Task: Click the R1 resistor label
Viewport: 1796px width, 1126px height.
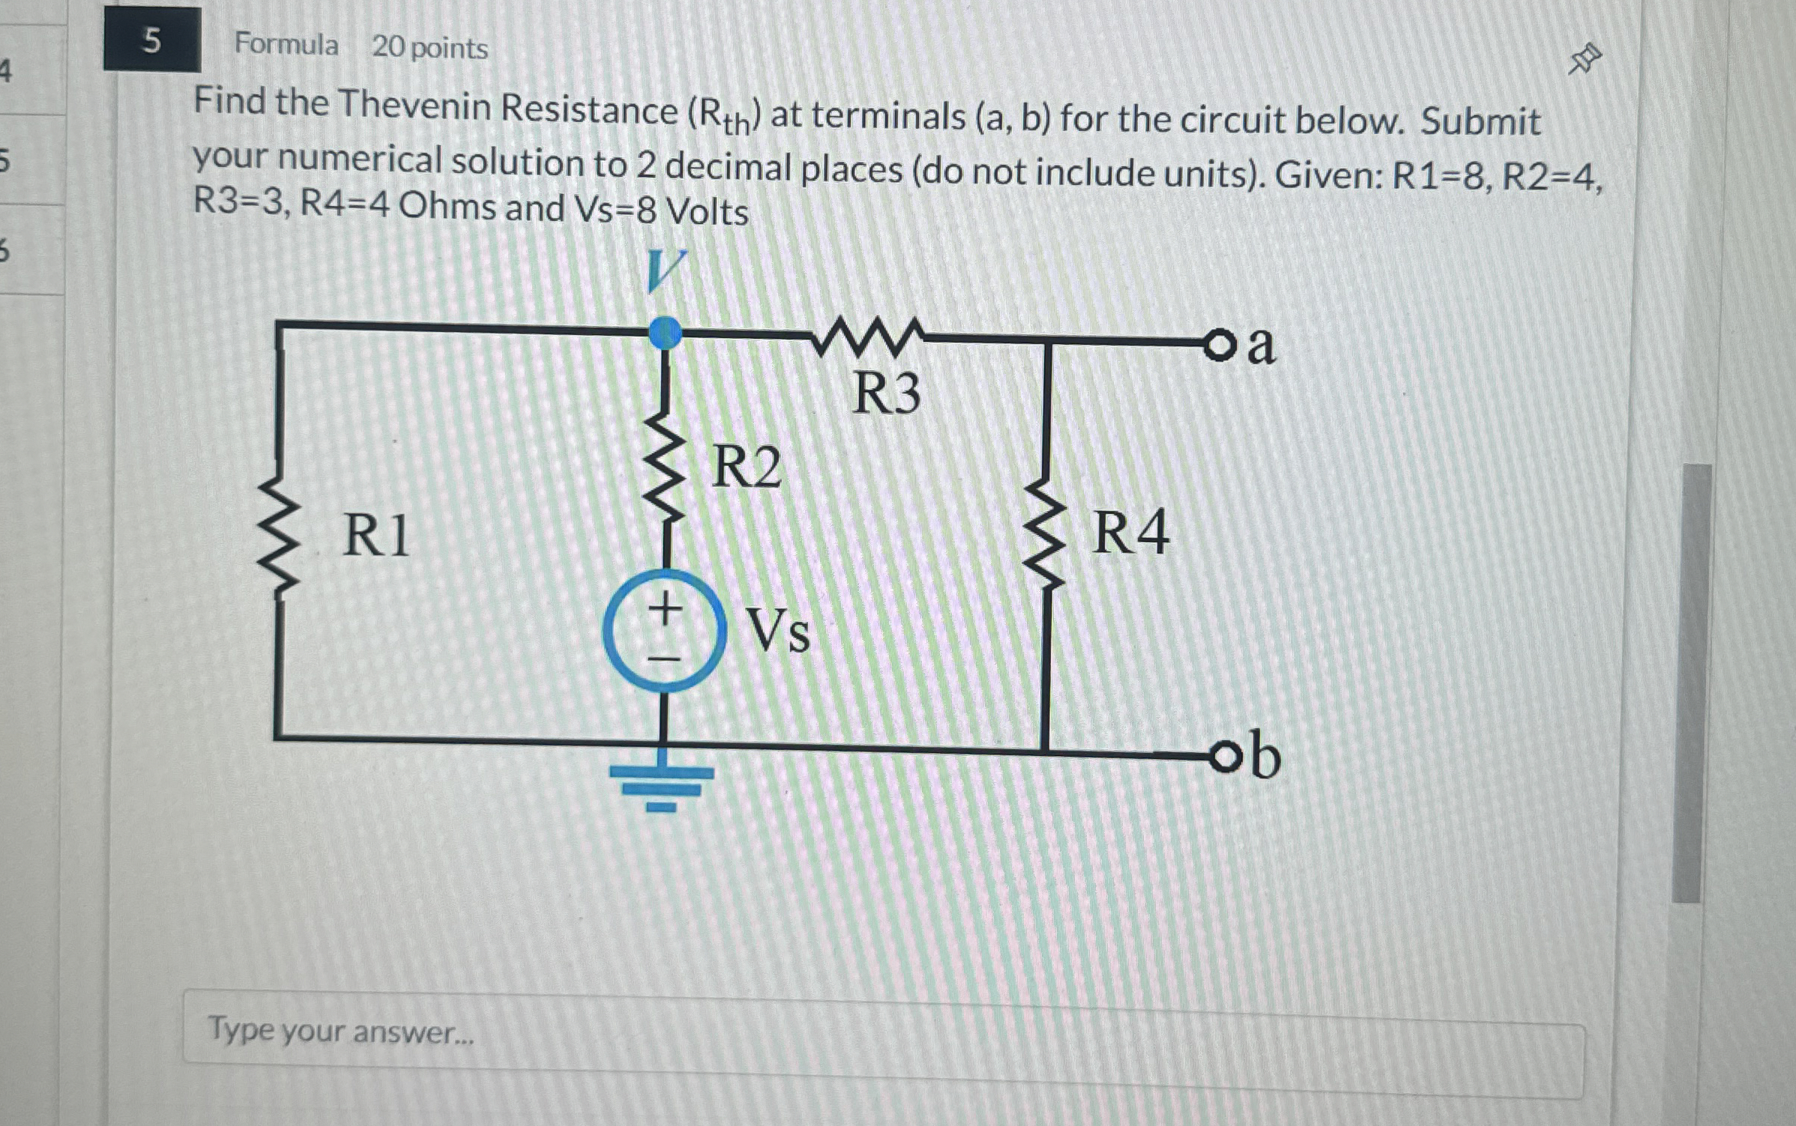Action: [376, 536]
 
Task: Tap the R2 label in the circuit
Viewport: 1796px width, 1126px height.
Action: [746, 467]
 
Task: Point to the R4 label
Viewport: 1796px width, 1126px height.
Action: [1130, 533]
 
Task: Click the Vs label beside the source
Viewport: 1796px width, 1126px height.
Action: [778, 631]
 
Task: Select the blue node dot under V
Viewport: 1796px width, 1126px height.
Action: [665, 333]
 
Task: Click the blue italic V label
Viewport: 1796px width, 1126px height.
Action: [664, 271]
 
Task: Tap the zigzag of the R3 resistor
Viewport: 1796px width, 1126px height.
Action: [868, 336]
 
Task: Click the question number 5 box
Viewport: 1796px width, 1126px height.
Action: [152, 40]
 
